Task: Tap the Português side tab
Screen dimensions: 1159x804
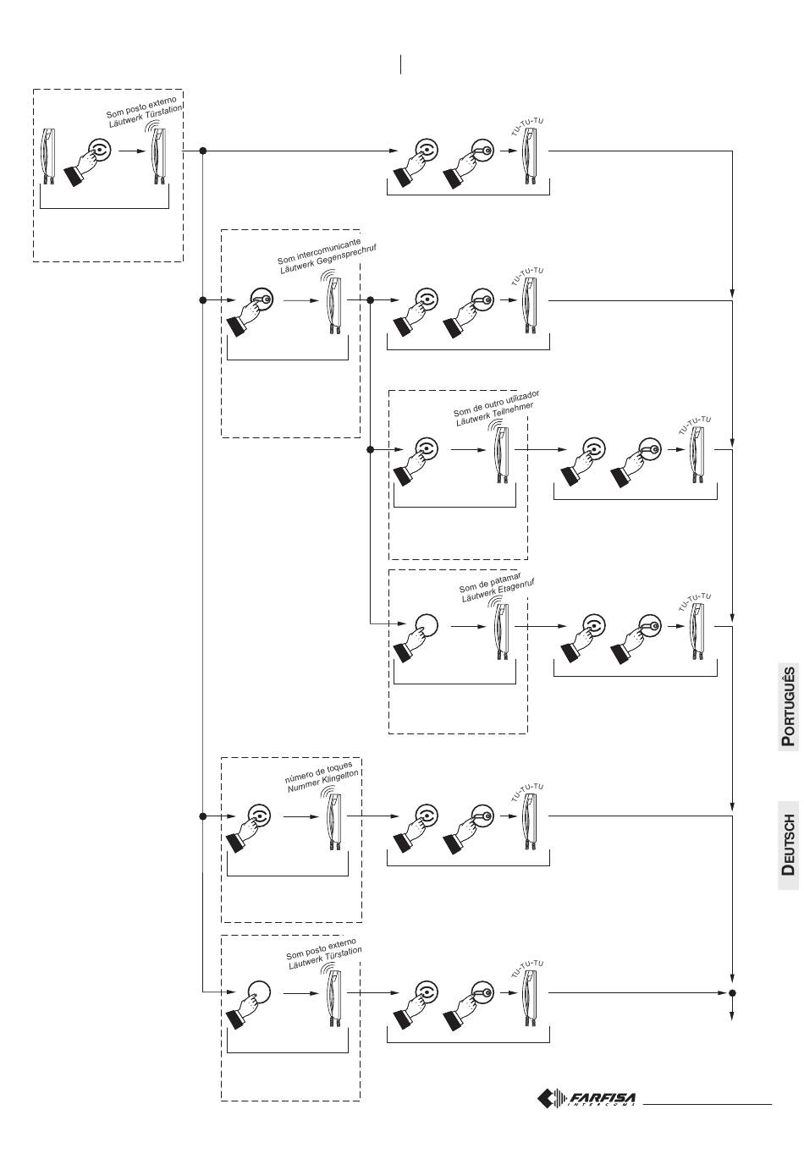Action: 788,706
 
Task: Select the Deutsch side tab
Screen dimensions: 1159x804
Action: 788,844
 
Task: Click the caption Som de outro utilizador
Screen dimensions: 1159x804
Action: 496,404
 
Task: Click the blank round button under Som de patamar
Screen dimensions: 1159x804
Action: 426,627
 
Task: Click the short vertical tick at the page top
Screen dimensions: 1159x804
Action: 399,64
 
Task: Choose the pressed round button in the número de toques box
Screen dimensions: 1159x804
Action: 260,816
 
